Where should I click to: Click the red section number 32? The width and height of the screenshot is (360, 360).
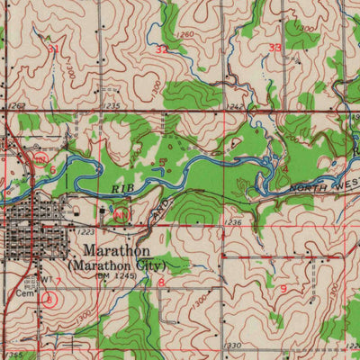click(x=161, y=50)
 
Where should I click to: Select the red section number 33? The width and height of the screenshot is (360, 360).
click(x=274, y=46)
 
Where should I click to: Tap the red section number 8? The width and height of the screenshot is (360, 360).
click(x=161, y=283)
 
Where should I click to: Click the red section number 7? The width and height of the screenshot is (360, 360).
click(x=59, y=281)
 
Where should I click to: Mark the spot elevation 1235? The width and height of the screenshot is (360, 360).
click(x=111, y=105)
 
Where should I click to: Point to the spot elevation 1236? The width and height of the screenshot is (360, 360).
click(x=232, y=222)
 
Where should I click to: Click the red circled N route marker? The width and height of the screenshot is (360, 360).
click(x=119, y=213)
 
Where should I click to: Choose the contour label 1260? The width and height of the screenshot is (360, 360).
click(x=185, y=35)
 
